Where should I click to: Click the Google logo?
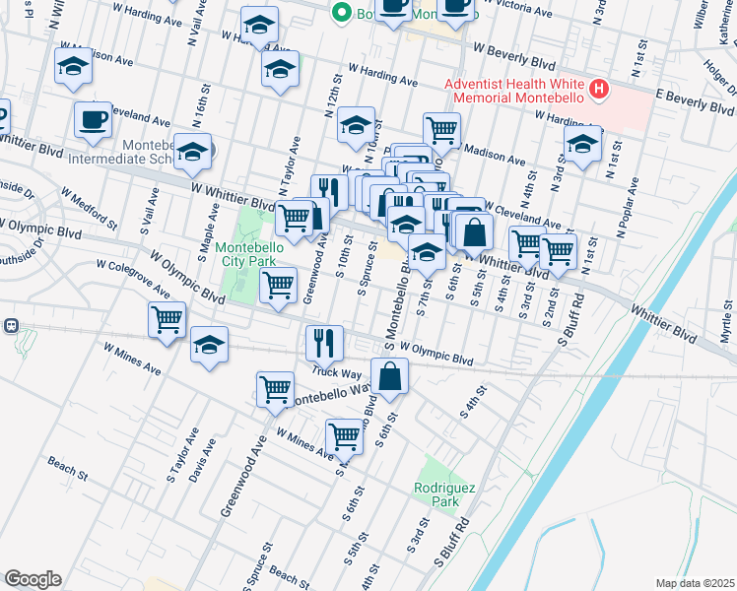click(33, 579)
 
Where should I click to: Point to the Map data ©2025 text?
click(695, 583)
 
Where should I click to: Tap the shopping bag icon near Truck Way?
click(390, 376)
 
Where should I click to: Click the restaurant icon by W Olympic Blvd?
click(324, 343)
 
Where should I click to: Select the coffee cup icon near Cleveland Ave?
click(93, 119)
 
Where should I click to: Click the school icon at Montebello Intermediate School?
click(193, 151)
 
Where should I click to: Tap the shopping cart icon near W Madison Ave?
click(442, 128)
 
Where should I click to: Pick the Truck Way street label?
click(337, 371)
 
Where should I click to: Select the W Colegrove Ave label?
click(132, 277)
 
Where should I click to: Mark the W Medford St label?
click(95, 204)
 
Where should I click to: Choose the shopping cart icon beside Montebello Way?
click(275, 388)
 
